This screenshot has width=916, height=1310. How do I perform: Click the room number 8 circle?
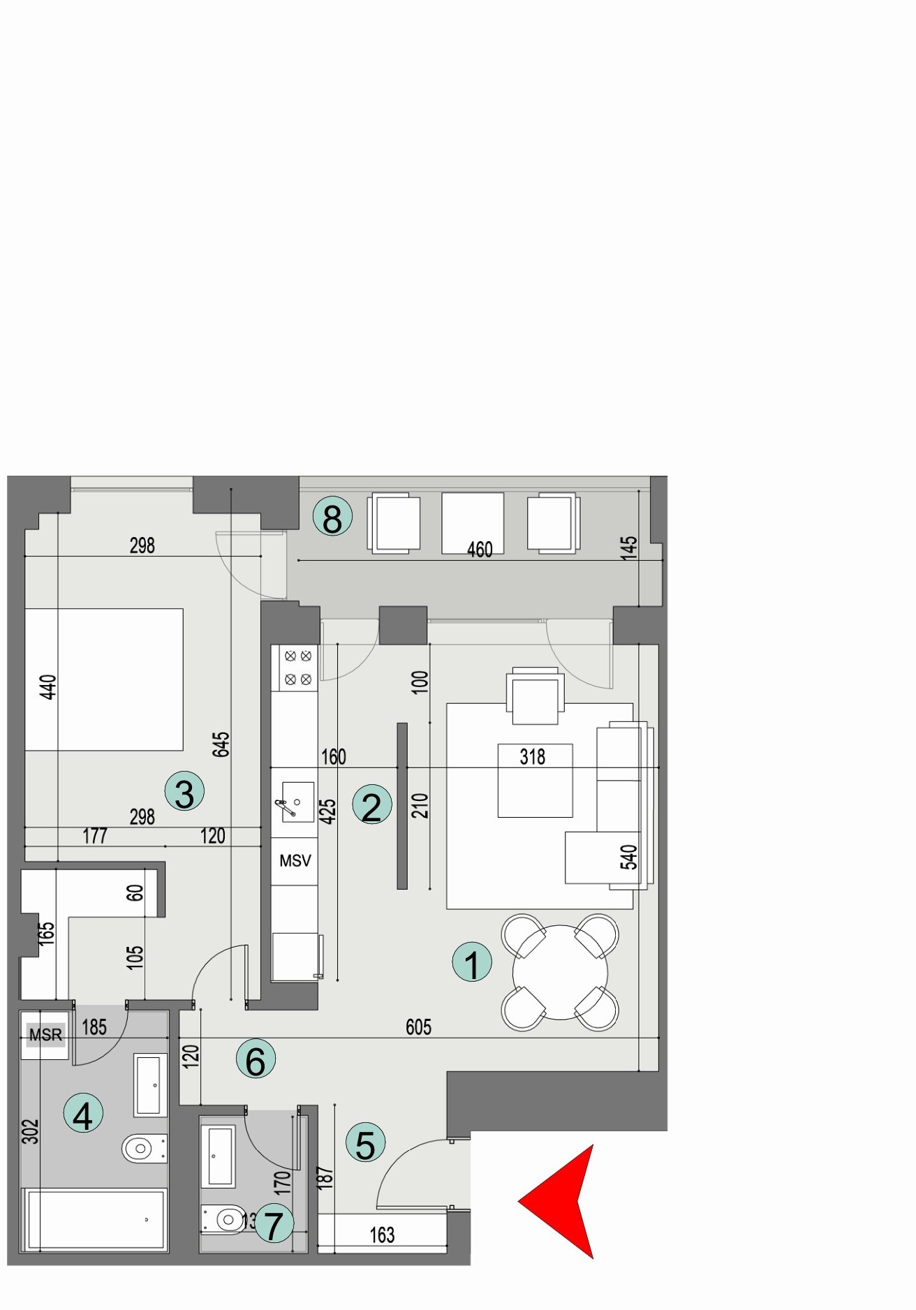pos(332,518)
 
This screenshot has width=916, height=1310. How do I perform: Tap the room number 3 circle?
pos(184,793)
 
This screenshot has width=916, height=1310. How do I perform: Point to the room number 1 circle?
pos(472,963)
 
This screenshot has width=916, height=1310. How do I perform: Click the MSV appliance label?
pos(295,860)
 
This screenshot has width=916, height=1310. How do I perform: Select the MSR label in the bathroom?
pos(46,1035)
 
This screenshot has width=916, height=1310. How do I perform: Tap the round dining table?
pos(560,972)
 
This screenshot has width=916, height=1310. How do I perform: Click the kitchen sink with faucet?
pos(294,802)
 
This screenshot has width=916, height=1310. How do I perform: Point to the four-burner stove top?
pos(298,668)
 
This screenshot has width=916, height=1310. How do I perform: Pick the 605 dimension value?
pos(418,1026)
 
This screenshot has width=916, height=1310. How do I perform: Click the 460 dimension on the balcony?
pos(480,550)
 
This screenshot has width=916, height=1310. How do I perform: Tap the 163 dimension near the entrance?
pos(382,1235)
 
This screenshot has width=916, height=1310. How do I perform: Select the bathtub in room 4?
pos(96,1219)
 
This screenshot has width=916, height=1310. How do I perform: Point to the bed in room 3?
pos(105,679)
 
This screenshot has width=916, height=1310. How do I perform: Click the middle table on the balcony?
pos(473,522)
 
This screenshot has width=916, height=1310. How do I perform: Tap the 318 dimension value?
pos(533,757)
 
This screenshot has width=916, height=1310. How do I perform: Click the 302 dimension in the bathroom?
pos(31,1131)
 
